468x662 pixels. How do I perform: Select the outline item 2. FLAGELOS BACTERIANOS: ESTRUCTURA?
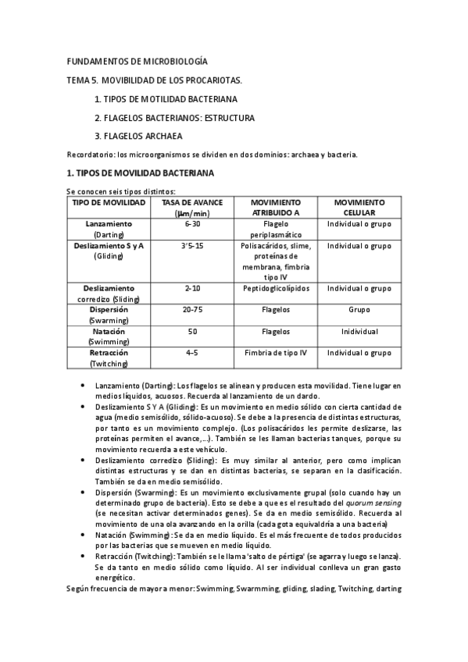(x=173, y=118)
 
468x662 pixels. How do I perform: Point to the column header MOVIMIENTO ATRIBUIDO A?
(x=276, y=207)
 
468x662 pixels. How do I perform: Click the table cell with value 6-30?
(x=192, y=224)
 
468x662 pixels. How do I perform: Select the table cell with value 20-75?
(x=192, y=310)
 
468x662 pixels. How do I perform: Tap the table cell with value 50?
(x=192, y=332)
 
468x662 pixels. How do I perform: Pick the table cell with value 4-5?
(x=192, y=353)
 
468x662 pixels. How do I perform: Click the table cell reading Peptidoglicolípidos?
(x=276, y=288)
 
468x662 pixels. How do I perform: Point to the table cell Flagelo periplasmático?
(x=276, y=229)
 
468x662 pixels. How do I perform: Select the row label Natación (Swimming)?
(x=109, y=336)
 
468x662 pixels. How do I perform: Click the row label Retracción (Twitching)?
(x=109, y=358)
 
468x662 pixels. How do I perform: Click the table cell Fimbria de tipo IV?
(x=276, y=353)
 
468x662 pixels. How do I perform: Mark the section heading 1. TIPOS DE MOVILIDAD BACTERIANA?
(x=141, y=173)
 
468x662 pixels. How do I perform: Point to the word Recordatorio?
(x=91, y=155)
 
